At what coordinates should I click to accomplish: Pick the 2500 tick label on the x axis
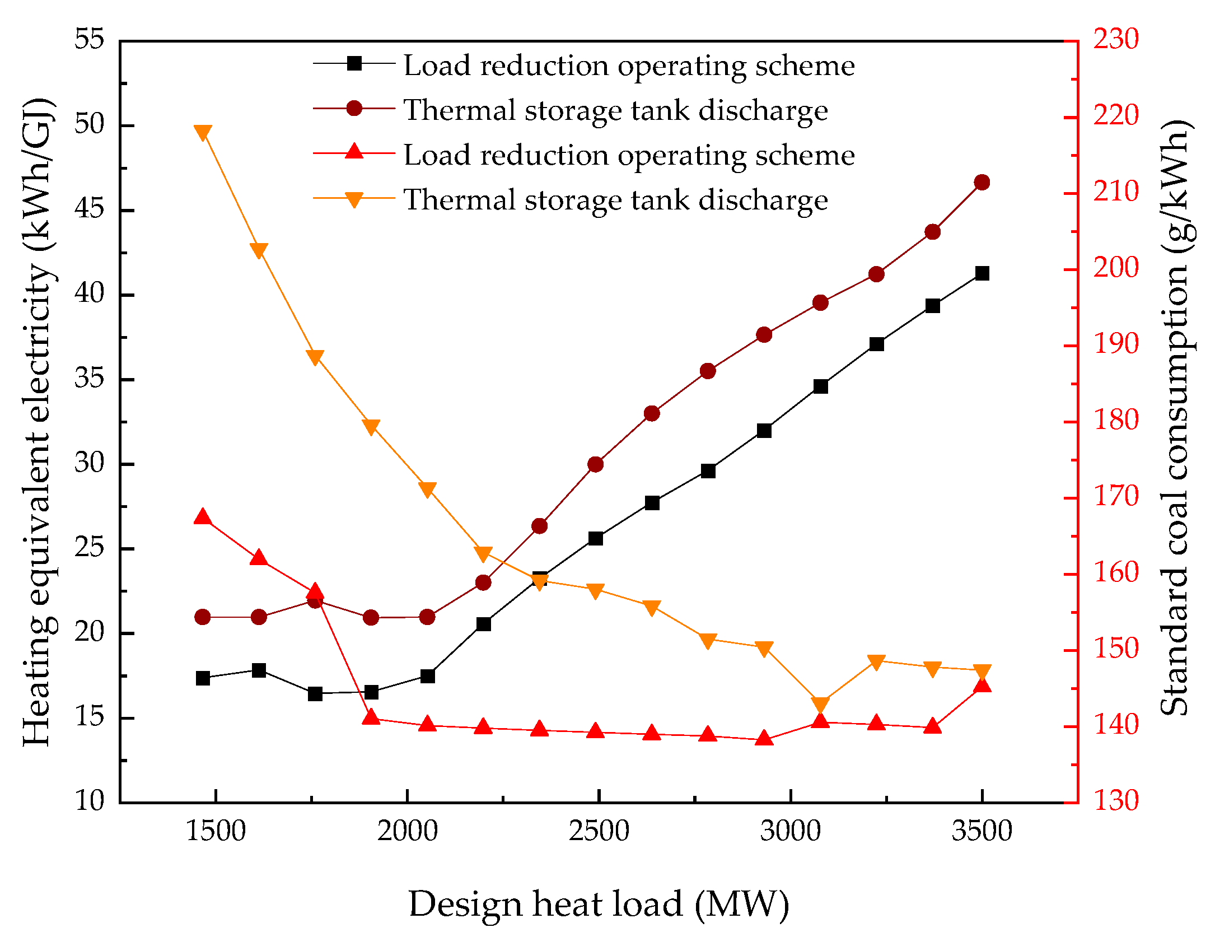pyautogui.click(x=599, y=831)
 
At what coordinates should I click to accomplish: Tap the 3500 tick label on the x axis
pyautogui.click(x=982, y=831)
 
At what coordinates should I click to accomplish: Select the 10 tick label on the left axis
pyautogui.click(x=90, y=800)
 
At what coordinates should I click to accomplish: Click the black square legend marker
pyautogui.click(x=354, y=63)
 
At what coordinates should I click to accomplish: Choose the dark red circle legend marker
pyautogui.click(x=354, y=108)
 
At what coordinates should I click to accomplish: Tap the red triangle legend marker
pyautogui.click(x=354, y=152)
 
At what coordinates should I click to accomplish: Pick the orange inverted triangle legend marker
pyautogui.click(x=354, y=199)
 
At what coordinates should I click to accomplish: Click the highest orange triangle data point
pyautogui.click(x=203, y=133)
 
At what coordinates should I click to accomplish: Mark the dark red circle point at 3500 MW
pyautogui.click(x=982, y=183)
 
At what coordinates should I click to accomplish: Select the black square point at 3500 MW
pyautogui.click(x=982, y=273)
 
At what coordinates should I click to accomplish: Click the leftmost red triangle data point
pyautogui.click(x=203, y=517)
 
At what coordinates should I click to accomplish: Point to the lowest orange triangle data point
pyautogui.click(x=820, y=705)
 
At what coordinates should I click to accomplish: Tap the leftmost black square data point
pyautogui.click(x=203, y=678)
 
